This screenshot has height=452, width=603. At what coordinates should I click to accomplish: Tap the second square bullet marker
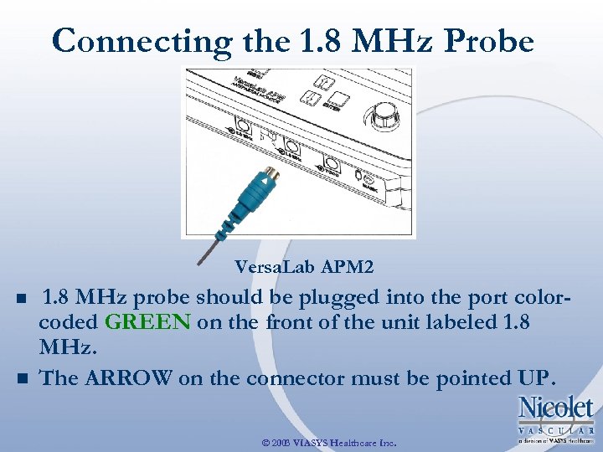21,378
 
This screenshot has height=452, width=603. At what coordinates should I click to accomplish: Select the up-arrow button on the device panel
323,81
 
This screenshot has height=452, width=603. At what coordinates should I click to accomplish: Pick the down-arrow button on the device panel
311,97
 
